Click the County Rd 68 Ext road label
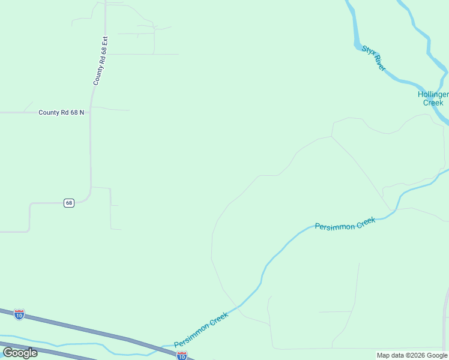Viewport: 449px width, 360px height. [x=101, y=61]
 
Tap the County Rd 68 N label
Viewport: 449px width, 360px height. [x=61, y=112]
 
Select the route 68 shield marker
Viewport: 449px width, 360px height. [x=69, y=203]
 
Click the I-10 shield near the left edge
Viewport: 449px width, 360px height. [x=19, y=314]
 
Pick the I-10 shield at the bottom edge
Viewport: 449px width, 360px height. [x=182, y=356]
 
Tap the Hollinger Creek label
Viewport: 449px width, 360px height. [x=433, y=99]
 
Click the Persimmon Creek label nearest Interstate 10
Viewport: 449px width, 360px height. [x=201, y=330]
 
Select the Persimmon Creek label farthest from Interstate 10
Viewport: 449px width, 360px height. [x=345, y=224]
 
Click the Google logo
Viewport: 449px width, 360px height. [x=20, y=352]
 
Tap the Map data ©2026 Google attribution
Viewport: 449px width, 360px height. [x=412, y=355]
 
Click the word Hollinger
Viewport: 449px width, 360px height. [x=433, y=95]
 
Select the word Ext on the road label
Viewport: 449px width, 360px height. [x=104, y=43]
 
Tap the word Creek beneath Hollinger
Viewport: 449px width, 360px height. [x=433, y=103]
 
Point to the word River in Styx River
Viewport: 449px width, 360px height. [x=379, y=65]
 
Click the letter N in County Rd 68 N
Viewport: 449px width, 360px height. [x=82, y=112]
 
